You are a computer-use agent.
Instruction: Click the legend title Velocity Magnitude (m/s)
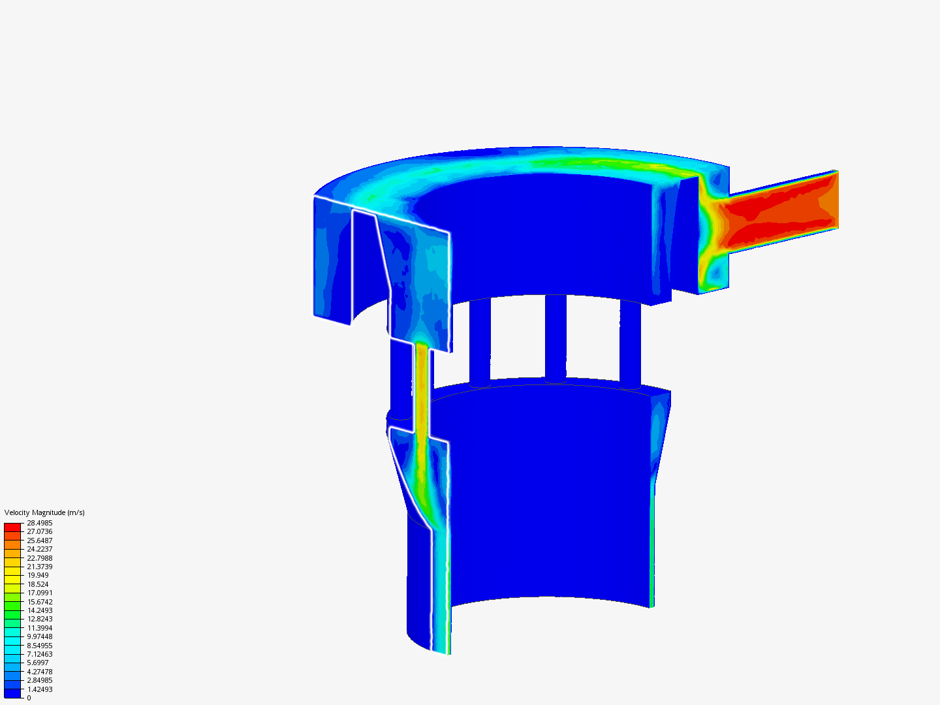click(44, 512)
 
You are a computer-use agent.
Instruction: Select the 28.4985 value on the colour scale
click(39, 523)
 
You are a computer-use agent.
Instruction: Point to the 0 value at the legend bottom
click(29, 698)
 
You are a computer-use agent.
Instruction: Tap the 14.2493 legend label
click(39, 610)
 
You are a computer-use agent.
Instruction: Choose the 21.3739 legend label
click(39, 567)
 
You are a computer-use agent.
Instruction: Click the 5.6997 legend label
click(38, 663)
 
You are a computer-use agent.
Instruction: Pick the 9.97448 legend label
click(39, 636)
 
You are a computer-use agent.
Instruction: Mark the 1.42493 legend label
click(39, 689)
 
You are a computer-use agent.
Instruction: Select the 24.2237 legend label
click(39, 549)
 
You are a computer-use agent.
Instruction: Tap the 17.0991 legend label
click(39, 593)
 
